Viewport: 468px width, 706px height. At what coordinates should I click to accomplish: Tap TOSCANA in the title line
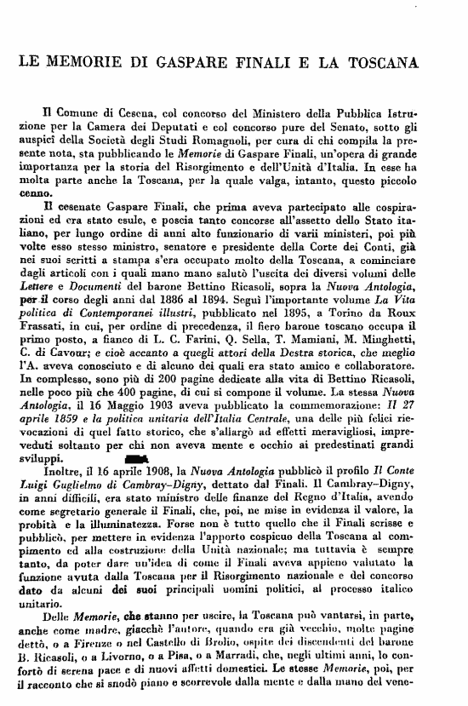click(x=402, y=63)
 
